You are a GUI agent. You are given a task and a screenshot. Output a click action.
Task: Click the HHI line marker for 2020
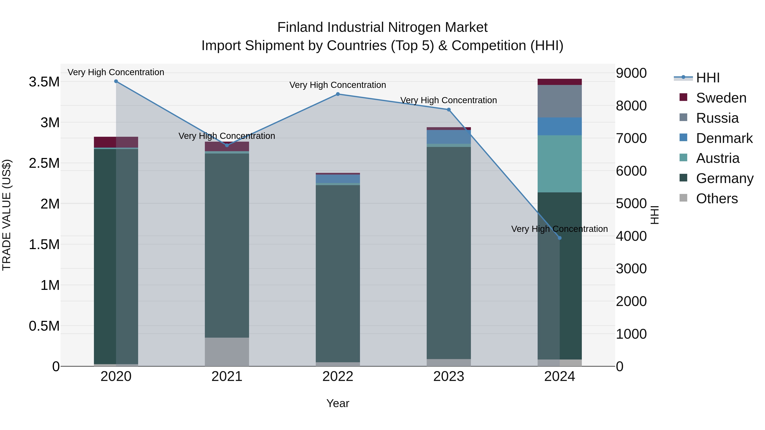pos(116,81)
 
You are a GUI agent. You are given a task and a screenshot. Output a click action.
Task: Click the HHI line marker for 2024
pos(560,238)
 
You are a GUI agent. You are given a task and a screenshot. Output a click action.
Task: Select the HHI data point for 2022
pos(338,94)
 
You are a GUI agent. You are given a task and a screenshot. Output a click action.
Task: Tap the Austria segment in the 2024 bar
pos(560,164)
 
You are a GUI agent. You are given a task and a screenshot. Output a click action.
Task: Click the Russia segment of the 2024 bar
pos(560,101)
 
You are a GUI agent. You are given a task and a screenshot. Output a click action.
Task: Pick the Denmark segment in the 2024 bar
pos(560,126)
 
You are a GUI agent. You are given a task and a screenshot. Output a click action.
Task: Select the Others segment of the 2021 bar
pos(227,352)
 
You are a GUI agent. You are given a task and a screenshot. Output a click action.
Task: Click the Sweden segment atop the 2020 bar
pos(116,142)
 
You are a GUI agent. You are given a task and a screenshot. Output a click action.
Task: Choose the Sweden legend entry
pos(721,98)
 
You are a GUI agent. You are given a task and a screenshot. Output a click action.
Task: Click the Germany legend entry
pos(724,178)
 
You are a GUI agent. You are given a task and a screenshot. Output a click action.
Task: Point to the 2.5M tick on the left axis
pos(44,163)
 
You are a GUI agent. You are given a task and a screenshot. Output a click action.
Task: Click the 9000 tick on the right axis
pos(631,73)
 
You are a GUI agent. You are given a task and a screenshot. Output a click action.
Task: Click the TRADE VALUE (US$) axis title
pos(7,215)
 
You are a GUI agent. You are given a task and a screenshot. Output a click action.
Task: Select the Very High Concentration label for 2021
pos(227,136)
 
